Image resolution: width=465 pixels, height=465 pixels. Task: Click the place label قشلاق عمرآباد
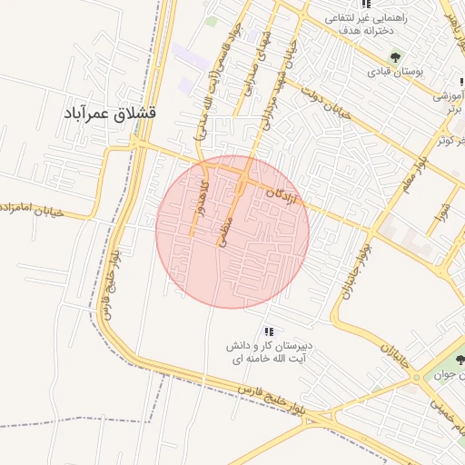[x=110, y=114]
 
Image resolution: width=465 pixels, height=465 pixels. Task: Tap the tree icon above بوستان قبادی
[x=395, y=56]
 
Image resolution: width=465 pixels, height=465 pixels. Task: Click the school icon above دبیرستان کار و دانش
[x=268, y=331]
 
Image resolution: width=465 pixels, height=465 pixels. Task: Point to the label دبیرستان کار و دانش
[x=269, y=347]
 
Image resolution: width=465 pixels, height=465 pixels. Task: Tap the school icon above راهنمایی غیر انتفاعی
[x=366, y=5]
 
